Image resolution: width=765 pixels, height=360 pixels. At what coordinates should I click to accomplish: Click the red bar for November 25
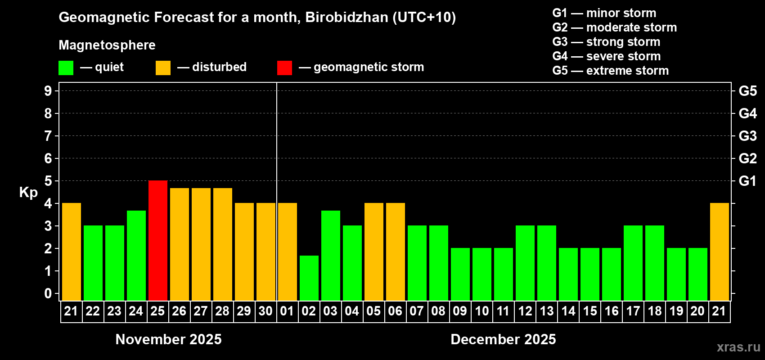pos(158,240)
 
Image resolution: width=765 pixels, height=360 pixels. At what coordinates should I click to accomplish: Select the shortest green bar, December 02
pos(309,278)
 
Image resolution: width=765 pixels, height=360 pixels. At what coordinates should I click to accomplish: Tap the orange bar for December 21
pos(720,252)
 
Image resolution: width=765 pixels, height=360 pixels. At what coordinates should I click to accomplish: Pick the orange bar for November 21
pos(72,252)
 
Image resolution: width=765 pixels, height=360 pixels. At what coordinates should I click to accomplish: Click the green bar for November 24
pos(136,255)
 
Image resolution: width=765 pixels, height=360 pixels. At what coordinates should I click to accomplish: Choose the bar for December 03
pos(331,255)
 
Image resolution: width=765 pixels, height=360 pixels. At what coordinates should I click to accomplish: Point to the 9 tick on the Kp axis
pos(48,91)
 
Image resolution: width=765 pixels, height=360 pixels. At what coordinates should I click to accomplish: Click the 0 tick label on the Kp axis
pos(48,293)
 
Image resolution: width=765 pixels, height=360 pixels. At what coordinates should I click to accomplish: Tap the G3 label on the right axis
pos(747,136)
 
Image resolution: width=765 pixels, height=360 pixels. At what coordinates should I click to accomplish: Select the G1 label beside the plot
pos(747,181)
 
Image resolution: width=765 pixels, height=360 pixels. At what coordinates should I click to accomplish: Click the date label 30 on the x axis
pos(265,311)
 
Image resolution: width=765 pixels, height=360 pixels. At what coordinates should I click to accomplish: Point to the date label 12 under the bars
pos(525,311)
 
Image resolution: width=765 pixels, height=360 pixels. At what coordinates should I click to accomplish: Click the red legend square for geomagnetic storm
pos(284,68)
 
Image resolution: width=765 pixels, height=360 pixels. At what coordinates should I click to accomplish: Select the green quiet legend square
pos(66,68)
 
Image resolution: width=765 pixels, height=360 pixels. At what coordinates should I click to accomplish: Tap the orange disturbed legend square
pos(163,68)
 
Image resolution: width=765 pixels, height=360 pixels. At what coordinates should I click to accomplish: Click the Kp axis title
pos(28,192)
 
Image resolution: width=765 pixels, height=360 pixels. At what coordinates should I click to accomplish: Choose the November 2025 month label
pos(169,339)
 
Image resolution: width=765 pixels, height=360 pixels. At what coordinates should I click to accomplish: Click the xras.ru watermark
pos(738,347)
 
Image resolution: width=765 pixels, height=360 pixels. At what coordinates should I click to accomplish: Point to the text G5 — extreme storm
pos(611,71)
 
